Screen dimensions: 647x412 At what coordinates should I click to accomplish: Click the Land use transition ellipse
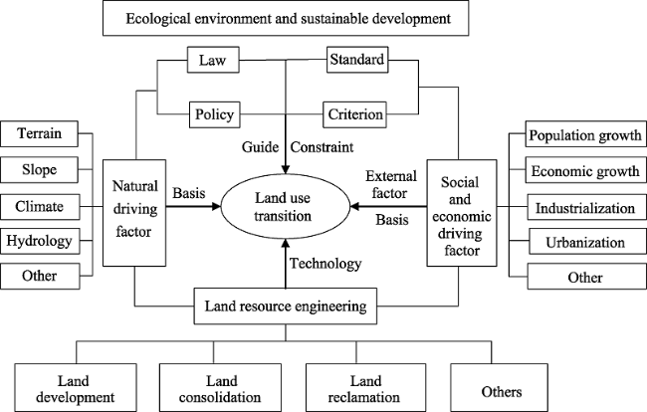point(286,206)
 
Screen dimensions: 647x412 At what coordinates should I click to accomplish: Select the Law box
point(213,60)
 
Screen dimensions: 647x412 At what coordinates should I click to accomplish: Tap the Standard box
point(357,60)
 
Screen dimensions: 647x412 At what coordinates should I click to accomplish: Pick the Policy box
point(215,114)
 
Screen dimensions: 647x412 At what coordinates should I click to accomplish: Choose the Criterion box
point(355,114)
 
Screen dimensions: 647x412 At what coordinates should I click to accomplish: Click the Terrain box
point(39,133)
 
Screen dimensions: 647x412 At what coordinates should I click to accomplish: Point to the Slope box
point(39,169)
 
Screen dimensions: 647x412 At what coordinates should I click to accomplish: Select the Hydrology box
point(40,241)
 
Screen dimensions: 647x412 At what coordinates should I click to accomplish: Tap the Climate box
point(40,206)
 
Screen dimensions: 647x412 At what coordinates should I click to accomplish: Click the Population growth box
point(585,133)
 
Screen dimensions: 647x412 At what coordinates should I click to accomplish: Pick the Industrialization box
point(586,207)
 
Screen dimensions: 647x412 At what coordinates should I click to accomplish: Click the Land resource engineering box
point(286,306)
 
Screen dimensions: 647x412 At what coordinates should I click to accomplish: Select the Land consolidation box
point(220,388)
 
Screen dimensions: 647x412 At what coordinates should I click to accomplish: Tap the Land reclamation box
point(365,388)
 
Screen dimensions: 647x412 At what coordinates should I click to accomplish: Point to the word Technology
point(325,264)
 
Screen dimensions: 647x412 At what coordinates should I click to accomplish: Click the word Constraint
point(322,147)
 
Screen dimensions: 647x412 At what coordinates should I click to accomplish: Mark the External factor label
point(391,184)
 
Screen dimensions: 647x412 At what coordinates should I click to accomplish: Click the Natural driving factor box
point(134,213)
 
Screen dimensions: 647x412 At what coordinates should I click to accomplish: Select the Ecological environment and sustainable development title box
point(286,18)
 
